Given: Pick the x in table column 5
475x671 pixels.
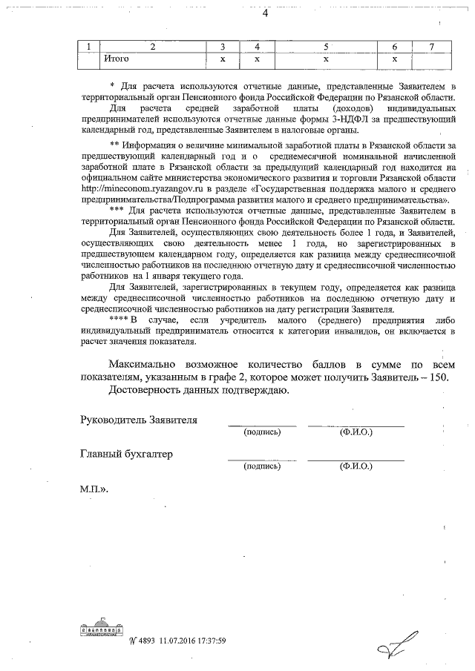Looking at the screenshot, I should [326, 57].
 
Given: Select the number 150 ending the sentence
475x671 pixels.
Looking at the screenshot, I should [438, 377].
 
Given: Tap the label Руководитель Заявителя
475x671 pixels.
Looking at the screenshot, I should [139, 419].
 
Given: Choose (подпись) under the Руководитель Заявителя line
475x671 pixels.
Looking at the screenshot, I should [261, 432].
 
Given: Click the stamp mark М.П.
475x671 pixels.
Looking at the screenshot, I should [94, 490].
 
